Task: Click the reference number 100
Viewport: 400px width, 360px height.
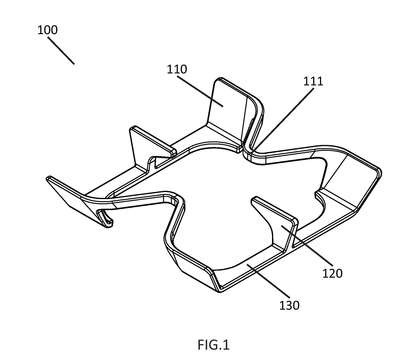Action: [47, 30]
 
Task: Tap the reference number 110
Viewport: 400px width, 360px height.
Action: [177, 69]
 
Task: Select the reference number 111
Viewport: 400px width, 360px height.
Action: [313, 82]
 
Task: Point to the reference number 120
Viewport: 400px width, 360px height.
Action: [332, 274]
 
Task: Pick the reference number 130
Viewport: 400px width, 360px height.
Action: [289, 305]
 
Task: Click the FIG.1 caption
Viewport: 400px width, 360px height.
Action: [214, 345]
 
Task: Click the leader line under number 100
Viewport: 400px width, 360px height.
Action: [61, 50]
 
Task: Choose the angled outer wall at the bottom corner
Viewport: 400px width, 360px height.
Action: [193, 267]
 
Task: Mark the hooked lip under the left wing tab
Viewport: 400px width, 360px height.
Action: [106, 218]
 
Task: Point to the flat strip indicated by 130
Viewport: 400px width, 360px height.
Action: [253, 267]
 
